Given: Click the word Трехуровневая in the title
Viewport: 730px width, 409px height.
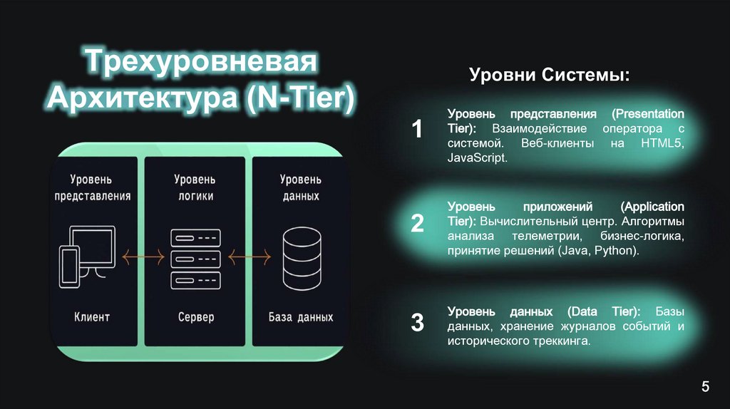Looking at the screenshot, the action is point(201,62).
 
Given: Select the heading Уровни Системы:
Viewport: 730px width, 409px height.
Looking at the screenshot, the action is point(550,76).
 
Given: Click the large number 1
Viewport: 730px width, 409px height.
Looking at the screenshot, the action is point(417,130).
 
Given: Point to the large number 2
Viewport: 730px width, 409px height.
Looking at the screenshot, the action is point(417,223).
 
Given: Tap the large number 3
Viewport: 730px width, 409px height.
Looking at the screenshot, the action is point(417,322).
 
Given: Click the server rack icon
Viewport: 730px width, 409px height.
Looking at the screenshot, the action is point(193,257).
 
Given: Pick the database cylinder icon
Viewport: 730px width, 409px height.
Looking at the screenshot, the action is point(299,257).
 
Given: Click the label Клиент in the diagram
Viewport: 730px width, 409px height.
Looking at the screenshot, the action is point(92,316).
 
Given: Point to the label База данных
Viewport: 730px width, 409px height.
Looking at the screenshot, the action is point(300,316).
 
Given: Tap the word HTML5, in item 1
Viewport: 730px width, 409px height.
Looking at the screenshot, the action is point(662,144).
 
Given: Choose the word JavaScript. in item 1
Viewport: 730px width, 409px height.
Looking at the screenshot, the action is point(478,158).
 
